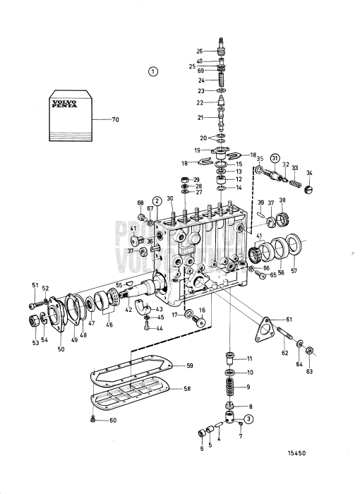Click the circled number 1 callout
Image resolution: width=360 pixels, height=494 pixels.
coord(154,71)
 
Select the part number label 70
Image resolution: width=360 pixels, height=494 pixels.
coord(116,121)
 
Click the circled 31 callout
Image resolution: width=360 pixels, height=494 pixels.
coord(276,157)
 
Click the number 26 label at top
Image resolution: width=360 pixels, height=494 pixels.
coord(199,51)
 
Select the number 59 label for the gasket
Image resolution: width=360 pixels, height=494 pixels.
coord(188,366)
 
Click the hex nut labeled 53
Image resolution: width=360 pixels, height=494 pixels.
coord(32,322)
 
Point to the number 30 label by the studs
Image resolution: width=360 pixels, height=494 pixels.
coord(170,198)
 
